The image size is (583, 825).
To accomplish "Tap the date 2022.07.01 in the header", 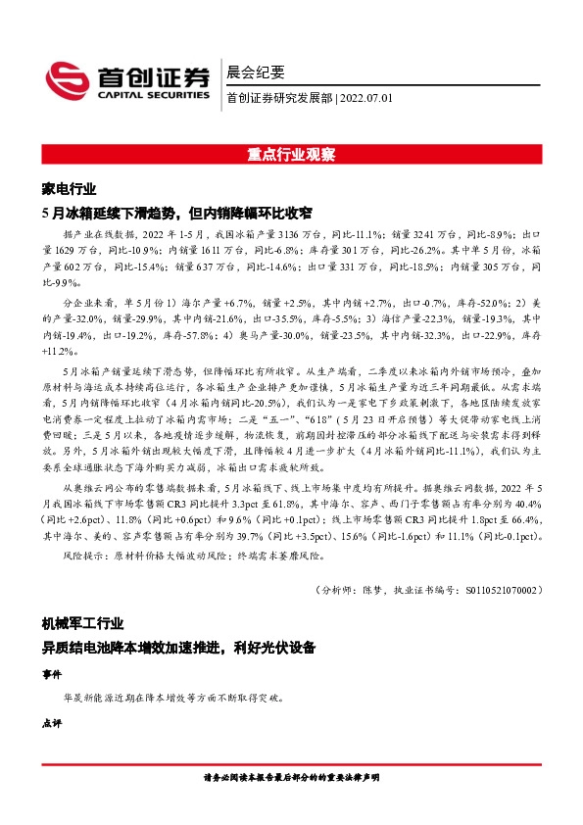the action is tap(366, 98).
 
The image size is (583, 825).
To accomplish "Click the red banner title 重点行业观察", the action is tap(291, 155).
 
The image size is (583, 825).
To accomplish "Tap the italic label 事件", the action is tap(51, 674).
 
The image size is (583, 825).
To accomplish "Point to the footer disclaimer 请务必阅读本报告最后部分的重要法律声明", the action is tap(291, 776).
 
